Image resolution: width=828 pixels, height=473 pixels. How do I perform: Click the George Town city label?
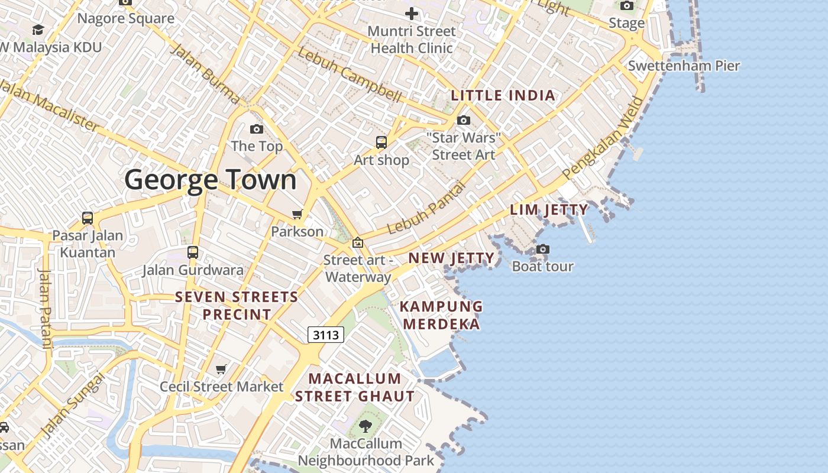(210, 180)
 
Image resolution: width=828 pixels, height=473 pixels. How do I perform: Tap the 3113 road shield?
(326, 335)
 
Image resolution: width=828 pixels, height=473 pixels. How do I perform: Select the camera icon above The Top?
(257, 129)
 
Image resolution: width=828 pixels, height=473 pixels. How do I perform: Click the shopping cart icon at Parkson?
(297, 214)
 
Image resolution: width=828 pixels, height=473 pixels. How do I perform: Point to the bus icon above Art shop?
(381, 142)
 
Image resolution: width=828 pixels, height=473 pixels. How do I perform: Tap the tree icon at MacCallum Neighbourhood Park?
(366, 426)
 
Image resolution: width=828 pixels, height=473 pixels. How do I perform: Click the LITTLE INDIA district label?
(503, 96)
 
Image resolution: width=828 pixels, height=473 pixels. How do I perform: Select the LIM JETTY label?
(549, 210)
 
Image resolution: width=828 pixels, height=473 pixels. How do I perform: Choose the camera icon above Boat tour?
(543, 250)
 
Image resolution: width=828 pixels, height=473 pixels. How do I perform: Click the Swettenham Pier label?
(684, 66)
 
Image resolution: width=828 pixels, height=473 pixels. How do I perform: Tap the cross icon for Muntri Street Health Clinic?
(412, 14)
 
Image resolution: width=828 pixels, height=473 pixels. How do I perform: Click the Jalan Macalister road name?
(50, 105)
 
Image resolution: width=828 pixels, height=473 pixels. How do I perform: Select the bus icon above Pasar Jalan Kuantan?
(88, 218)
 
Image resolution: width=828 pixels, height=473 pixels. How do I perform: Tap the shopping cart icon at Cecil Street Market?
(221, 370)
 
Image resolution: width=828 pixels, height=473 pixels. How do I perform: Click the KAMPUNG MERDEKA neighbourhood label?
(441, 315)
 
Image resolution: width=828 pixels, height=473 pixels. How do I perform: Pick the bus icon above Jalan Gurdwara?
(193, 252)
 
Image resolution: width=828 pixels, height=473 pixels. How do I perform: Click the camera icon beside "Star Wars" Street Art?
(464, 121)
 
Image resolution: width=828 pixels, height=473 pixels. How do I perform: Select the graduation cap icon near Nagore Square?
(38, 30)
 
